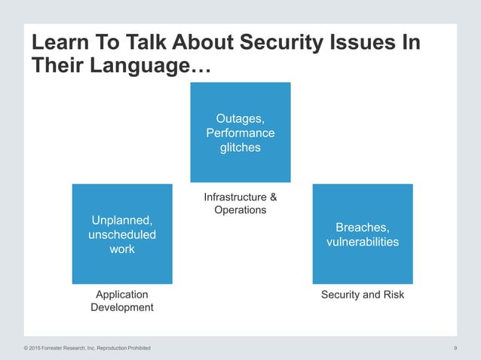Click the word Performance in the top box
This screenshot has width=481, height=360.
coord(240,133)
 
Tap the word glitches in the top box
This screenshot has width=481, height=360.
coord(240,148)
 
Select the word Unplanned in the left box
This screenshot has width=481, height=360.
coord(121,221)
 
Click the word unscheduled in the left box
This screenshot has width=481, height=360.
coord(121,235)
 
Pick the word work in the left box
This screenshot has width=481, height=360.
coord(121,249)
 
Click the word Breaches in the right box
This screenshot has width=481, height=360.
coord(363,227)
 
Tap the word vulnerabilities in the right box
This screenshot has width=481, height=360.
coord(363,242)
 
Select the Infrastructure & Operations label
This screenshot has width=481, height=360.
coord(240,203)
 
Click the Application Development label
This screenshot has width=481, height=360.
coord(121,301)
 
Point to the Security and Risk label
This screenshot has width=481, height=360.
coord(363,294)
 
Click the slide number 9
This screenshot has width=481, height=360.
coord(458,348)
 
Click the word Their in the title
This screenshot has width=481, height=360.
coord(57,66)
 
